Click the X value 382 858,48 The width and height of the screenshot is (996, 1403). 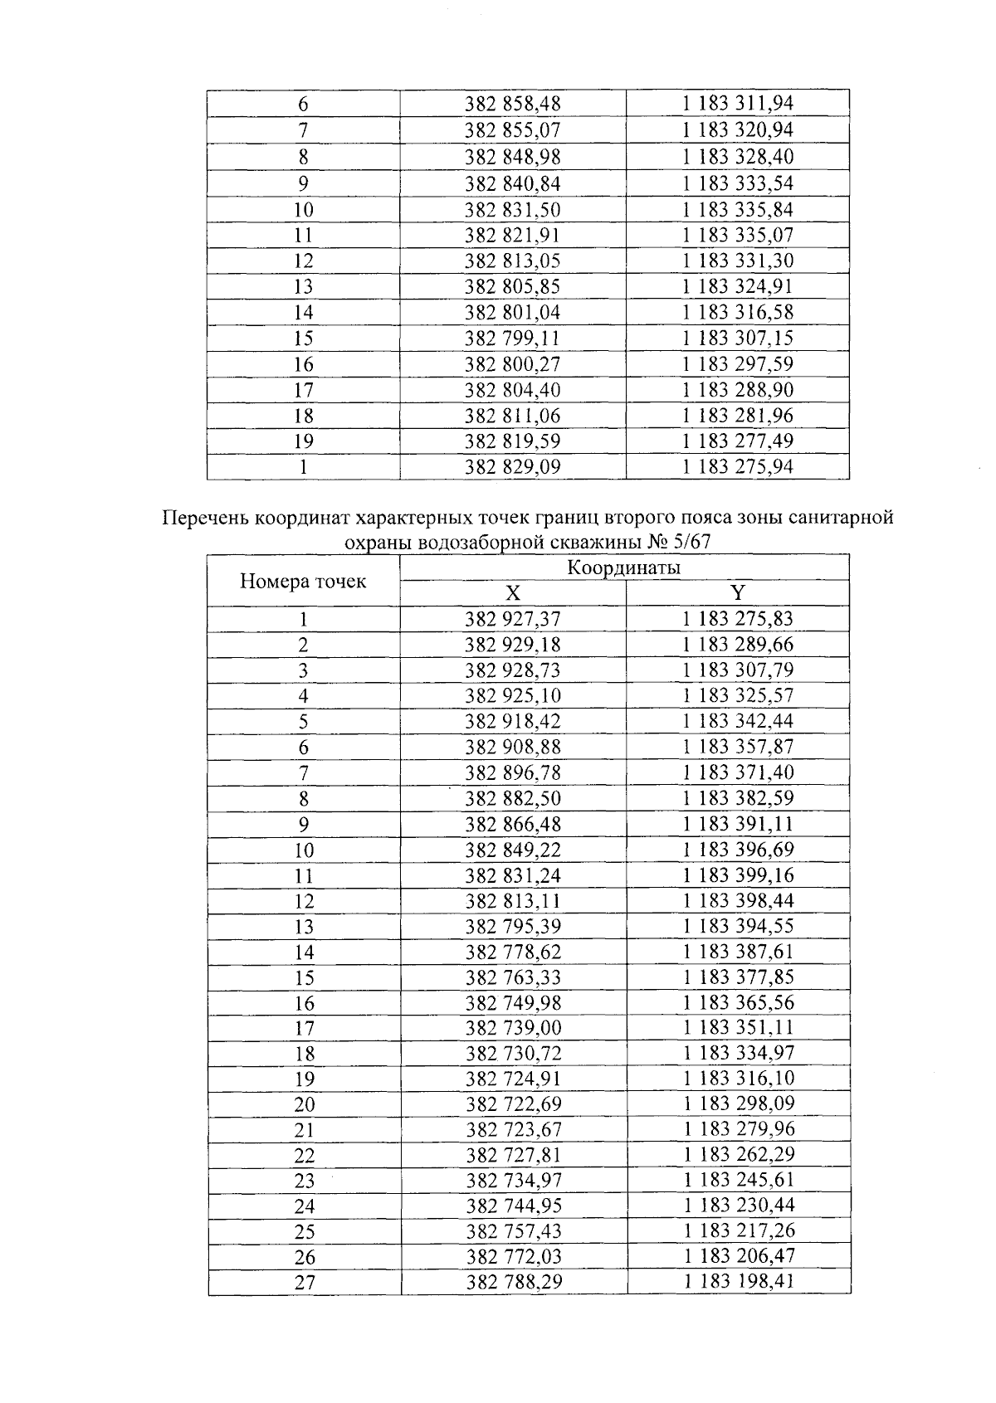(x=512, y=104)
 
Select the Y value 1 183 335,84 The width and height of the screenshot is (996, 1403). (x=737, y=209)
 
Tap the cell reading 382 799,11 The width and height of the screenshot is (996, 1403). (x=512, y=338)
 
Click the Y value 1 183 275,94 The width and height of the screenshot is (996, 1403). (x=737, y=466)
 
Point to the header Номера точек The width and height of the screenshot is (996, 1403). (x=303, y=581)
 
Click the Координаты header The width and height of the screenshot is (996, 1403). (x=624, y=568)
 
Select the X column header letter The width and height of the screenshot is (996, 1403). (x=513, y=593)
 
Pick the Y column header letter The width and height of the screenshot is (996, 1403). (x=737, y=592)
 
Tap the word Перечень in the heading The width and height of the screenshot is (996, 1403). (x=206, y=519)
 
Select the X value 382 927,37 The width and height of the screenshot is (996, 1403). (x=513, y=619)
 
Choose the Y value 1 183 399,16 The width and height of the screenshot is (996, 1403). (x=738, y=875)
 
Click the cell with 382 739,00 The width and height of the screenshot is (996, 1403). (x=513, y=1028)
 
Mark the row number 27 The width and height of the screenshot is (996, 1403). (x=305, y=1283)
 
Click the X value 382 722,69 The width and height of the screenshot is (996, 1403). (x=513, y=1104)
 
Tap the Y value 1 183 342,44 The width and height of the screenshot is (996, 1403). (x=738, y=721)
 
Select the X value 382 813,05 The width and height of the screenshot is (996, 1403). (x=512, y=261)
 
